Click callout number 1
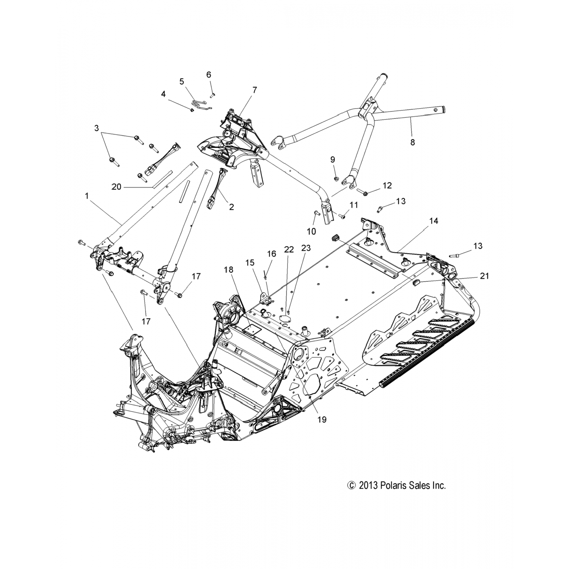pos(87,196)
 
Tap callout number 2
pos(231,207)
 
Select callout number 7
pos(254,90)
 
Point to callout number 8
pos(413,142)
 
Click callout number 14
pos(434,221)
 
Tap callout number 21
pos(484,276)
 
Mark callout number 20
pos(116,187)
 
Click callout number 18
pos(229,270)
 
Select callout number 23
pos(306,248)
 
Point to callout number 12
pos(387,185)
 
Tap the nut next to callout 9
pos(336,179)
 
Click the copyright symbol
pos(352,486)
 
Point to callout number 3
pos(96,128)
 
